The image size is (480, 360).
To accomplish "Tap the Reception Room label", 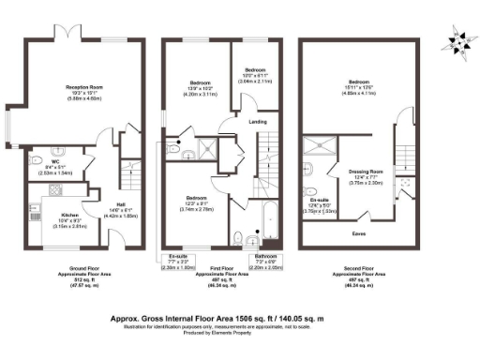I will [83, 87].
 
